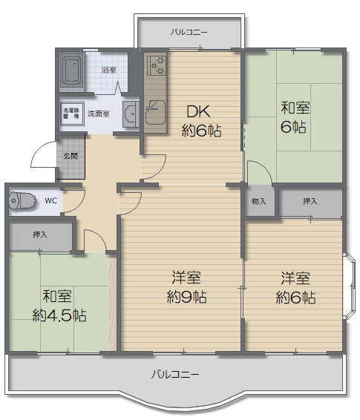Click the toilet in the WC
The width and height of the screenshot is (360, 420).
coord(22,200)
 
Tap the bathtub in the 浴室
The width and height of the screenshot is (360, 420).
coord(72,70)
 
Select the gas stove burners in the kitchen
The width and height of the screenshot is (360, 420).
coord(156,65)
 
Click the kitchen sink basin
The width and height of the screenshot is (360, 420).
coord(155,112)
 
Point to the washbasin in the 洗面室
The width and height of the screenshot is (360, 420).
coord(131,114)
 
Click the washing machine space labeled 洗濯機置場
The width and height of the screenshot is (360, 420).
coord(72,114)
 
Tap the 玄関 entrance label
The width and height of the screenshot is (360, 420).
coord(71,156)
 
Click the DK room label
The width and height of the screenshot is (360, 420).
coord(198,111)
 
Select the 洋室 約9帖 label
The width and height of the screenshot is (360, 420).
coord(186,287)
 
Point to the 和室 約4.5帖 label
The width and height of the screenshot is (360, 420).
coord(59,306)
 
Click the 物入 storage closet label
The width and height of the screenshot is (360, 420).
coord(259,201)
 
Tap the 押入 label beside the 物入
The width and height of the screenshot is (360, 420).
coord(310,201)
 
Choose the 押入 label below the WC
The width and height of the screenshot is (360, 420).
coord(40,235)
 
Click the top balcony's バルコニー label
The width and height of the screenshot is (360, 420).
coord(189,33)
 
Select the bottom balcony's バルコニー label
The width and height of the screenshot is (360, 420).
coord(175,374)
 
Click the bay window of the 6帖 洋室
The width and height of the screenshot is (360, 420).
coord(350,286)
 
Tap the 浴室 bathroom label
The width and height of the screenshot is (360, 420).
coord(109,70)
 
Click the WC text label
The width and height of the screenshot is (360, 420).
coord(51,200)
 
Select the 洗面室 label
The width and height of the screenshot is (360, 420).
coord(99,114)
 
